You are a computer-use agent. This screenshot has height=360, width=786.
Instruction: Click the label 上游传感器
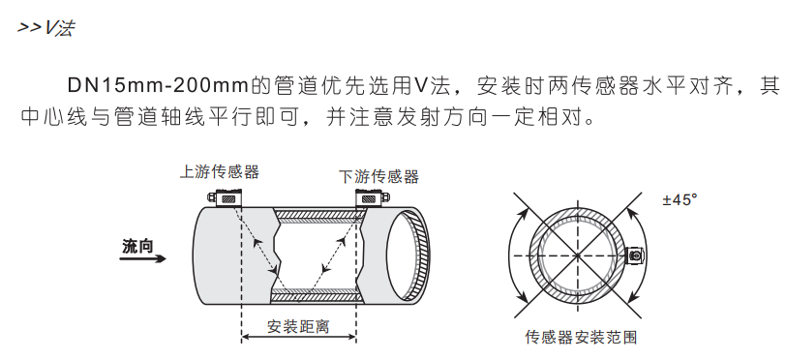point(220,172)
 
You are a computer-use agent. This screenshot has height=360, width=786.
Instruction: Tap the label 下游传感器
point(378,176)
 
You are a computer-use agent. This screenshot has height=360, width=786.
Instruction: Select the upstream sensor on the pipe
point(226,197)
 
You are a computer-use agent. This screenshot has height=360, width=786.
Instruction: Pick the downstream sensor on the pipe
point(372,197)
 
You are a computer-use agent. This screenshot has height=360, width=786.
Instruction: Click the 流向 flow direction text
point(137,246)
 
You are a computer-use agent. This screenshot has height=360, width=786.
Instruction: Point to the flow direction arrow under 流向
point(143,258)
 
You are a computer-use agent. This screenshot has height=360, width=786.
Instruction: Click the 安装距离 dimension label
point(298,326)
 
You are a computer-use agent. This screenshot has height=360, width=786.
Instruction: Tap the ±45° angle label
point(680,199)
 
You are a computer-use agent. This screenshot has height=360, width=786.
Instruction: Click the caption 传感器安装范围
point(581,337)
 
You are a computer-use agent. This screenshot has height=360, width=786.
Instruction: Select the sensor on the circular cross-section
point(636,255)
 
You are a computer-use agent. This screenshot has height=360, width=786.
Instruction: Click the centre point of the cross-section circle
point(578,255)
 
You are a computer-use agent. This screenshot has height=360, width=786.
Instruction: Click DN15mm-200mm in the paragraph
point(158,86)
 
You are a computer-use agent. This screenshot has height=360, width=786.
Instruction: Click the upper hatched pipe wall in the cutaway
point(317,215)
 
